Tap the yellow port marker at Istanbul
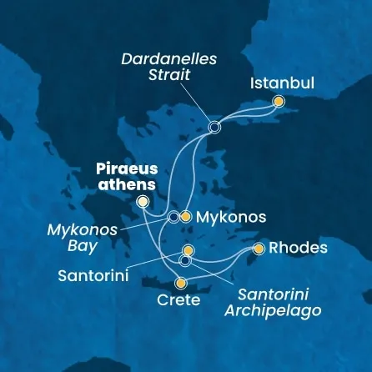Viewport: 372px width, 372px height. pos(279,102)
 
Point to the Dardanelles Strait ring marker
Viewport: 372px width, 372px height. pos(214,128)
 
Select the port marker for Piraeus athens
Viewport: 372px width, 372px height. pos(143,202)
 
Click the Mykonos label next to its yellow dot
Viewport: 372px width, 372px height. pos(229,218)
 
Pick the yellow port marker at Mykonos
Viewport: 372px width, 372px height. pos(186,217)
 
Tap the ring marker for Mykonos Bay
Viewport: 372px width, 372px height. pos(173,217)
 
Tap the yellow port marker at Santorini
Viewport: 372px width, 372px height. pos(189,250)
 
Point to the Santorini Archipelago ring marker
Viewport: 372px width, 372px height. pos(185,261)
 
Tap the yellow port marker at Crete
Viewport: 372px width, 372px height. pos(179,283)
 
